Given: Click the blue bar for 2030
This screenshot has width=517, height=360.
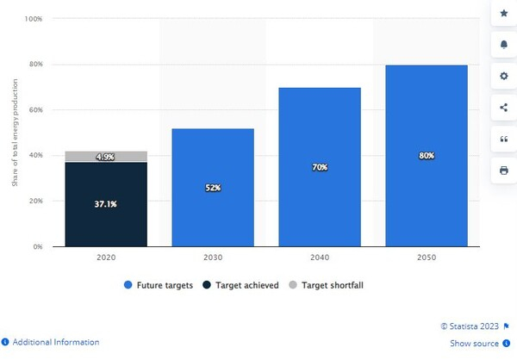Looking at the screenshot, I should coord(213,188).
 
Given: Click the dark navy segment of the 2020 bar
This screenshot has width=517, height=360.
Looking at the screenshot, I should coord(106,220).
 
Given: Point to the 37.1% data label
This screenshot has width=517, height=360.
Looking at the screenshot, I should coord(106,205).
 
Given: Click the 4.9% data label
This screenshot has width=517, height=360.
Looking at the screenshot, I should coord(106,157).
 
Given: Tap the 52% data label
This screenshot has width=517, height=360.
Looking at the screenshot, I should coord(213,188).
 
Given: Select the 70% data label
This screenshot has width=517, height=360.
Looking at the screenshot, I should coord(320,167).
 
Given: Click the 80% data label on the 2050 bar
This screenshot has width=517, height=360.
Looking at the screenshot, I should coord(427,156).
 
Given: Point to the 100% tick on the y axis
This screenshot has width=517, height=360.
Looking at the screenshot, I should coord(34,18).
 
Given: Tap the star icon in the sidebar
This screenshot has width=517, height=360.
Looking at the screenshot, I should coord(503,14).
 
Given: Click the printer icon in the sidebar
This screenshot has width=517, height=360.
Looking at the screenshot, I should coord(503,171).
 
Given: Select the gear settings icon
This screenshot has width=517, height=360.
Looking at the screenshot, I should coord(503,76).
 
